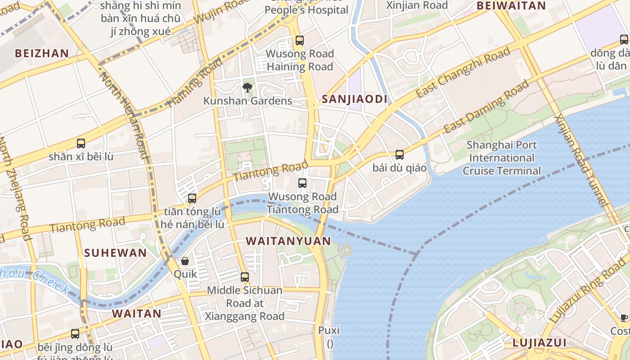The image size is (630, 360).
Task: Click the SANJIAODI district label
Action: pos(355,99)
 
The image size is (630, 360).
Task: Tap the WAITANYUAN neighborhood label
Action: pos(288,241)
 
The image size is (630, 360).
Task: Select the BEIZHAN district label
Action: pos(42,54)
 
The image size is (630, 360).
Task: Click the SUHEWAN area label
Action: pos(116,253)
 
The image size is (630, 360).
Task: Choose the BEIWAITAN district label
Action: pos(511,6)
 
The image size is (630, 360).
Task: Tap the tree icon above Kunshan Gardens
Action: pos(247,87)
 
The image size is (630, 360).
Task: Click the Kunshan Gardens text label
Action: pos(247,101)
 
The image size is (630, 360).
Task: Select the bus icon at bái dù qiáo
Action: pos(399,155)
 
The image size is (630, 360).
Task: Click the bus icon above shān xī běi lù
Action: pos(81,144)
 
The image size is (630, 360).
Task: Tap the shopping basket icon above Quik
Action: pos(185,261)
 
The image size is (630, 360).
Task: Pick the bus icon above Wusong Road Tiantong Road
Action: pos(302,183)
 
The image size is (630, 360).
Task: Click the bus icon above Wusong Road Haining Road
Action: pos(300,40)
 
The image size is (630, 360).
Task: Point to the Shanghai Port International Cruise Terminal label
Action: pos(501,158)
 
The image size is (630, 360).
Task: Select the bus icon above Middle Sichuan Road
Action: pos(245,277)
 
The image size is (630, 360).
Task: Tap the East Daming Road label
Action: pos(486,106)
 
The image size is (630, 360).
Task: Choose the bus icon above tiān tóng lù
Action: pos(192,198)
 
